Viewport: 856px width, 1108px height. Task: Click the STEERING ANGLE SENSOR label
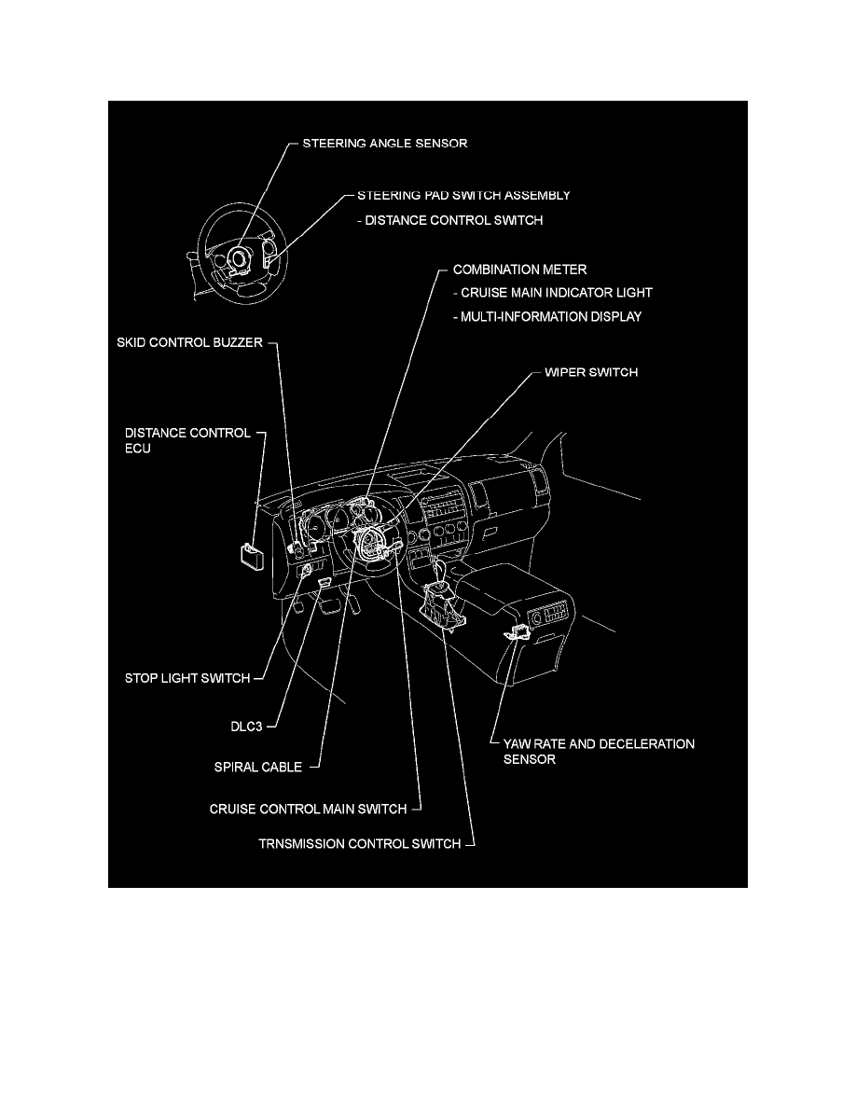pos(384,145)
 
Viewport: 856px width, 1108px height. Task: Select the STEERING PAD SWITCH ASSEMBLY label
pos(463,196)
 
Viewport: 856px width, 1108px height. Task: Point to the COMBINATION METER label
pos(519,270)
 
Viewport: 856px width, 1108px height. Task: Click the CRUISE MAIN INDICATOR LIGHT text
pos(553,293)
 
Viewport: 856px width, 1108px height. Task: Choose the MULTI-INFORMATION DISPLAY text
pos(547,317)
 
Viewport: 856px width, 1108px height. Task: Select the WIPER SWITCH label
pos(591,372)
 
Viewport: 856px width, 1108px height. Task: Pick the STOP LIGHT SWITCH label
pos(187,678)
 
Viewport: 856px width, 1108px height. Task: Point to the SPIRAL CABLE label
pos(257,768)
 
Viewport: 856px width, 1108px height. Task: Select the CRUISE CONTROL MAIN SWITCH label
pos(309,809)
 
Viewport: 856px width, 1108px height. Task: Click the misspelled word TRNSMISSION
pos(307,844)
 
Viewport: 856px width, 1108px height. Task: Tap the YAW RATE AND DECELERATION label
pos(592,744)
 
